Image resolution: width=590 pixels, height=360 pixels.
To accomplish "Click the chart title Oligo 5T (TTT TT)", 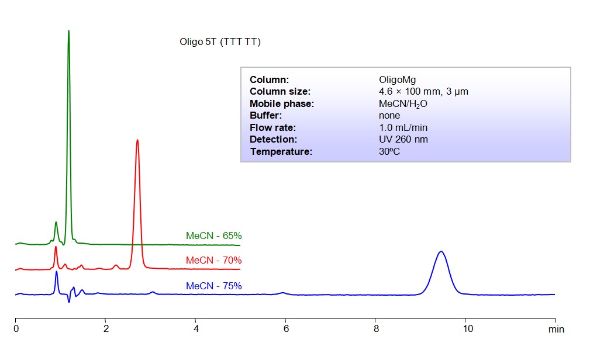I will [x=220, y=42].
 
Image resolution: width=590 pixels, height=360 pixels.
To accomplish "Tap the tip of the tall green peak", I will [x=68, y=31].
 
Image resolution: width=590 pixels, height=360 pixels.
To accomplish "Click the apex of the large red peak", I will [x=137, y=140].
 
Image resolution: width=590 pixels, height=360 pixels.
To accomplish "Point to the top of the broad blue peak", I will [x=441, y=251].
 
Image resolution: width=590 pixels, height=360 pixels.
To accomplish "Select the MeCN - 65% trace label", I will [x=213, y=236].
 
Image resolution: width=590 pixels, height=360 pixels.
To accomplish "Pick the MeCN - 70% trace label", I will [x=213, y=260].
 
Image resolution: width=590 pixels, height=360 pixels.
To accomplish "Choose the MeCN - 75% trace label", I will [x=213, y=286].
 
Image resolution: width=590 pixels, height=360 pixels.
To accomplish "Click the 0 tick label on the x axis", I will [x=16, y=329].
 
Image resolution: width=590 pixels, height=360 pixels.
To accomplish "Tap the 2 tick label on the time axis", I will [x=106, y=329].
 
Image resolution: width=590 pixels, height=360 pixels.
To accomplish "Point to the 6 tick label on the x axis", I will [x=286, y=329].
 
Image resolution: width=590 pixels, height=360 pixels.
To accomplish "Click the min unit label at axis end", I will [x=556, y=330].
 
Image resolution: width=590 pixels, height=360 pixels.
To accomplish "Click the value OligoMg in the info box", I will [x=397, y=79].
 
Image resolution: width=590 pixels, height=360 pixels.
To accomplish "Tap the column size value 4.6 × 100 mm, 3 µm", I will [x=423, y=91].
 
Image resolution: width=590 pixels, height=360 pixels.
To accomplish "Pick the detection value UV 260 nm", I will [x=403, y=139].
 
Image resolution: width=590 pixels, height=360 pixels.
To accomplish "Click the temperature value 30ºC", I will [x=389, y=151].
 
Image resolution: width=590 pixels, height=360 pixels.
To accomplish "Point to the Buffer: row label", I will [x=266, y=115].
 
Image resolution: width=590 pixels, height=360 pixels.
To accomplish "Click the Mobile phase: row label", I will [x=282, y=103].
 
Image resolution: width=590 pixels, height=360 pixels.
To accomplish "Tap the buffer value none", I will [x=389, y=115].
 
